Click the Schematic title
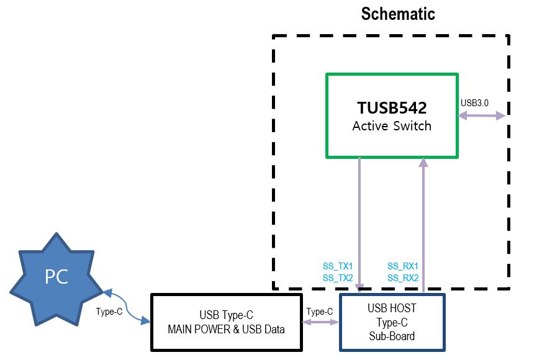tap(398, 14)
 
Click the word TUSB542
tap(391, 108)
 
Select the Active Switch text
tap(391, 125)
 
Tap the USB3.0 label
tap(476, 102)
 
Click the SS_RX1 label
tap(403, 266)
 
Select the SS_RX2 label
tap(403, 277)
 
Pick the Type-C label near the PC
tap(109, 312)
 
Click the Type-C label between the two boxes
tap(320, 312)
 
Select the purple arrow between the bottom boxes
tap(320, 322)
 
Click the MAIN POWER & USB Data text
tap(226, 330)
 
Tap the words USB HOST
tap(392, 308)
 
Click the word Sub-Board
tap(392, 336)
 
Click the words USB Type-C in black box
tap(226, 316)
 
